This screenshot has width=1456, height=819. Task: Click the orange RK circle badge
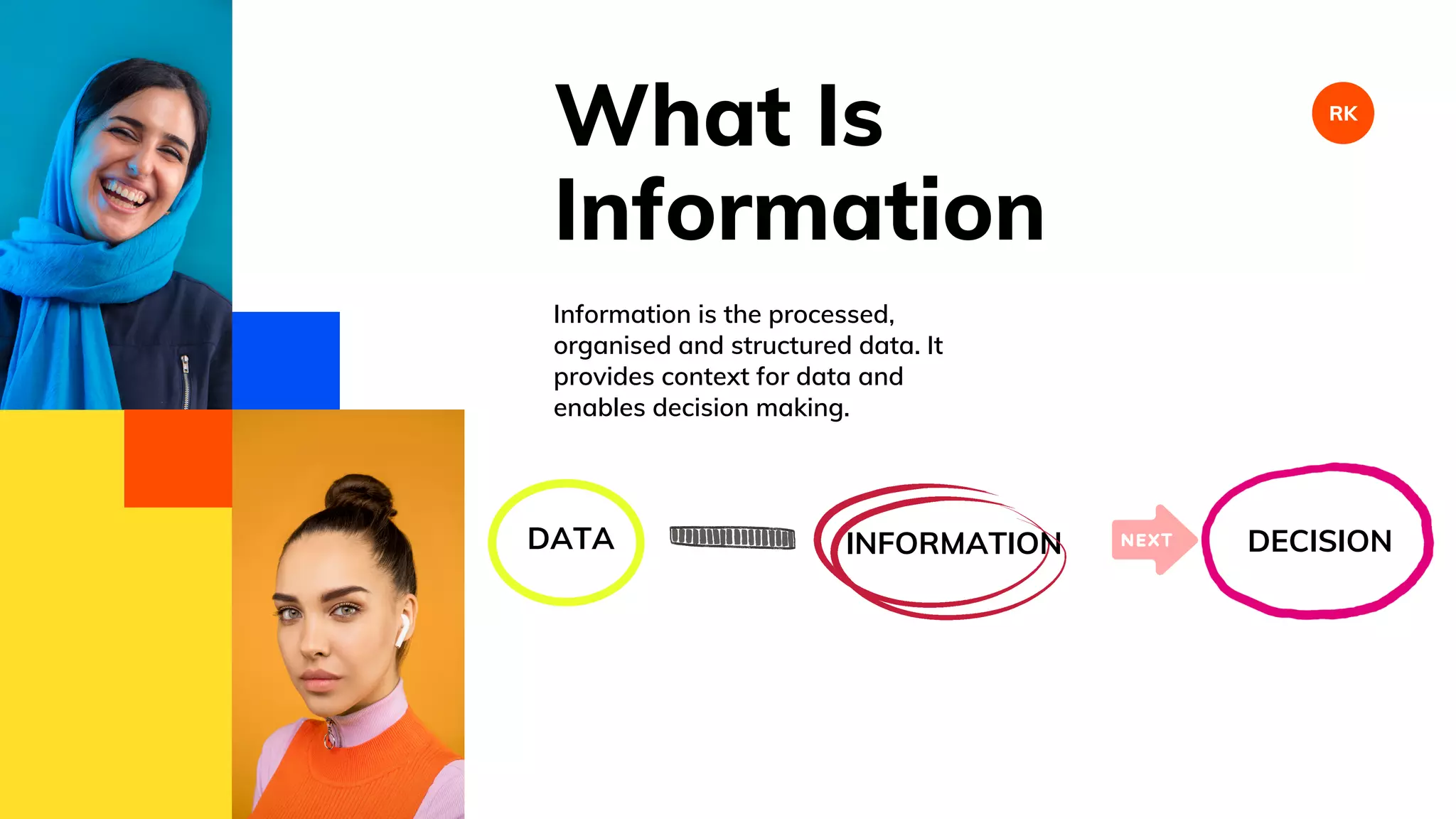pyautogui.click(x=1342, y=113)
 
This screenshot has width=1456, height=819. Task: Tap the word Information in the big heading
pyautogui.click(x=798, y=210)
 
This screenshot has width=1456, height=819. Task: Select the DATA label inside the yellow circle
pyautogui.click(x=570, y=539)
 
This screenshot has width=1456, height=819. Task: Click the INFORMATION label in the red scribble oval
pyautogui.click(x=953, y=544)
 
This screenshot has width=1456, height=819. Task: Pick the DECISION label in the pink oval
pyautogui.click(x=1319, y=542)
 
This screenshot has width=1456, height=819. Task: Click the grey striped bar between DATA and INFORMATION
pyautogui.click(x=732, y=537)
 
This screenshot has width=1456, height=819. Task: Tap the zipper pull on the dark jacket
pyautogui.click(x=185, y=365)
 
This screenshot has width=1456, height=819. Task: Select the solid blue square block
pyautogui.click(x=286, y=360)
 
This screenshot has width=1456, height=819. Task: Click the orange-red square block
pyautogui.click(x=178, y=458)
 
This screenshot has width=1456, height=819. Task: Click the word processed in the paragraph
pyautogui.click(x=830, y=315)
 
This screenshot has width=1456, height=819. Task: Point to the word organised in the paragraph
pyautogui.click(x=612, y=346)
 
